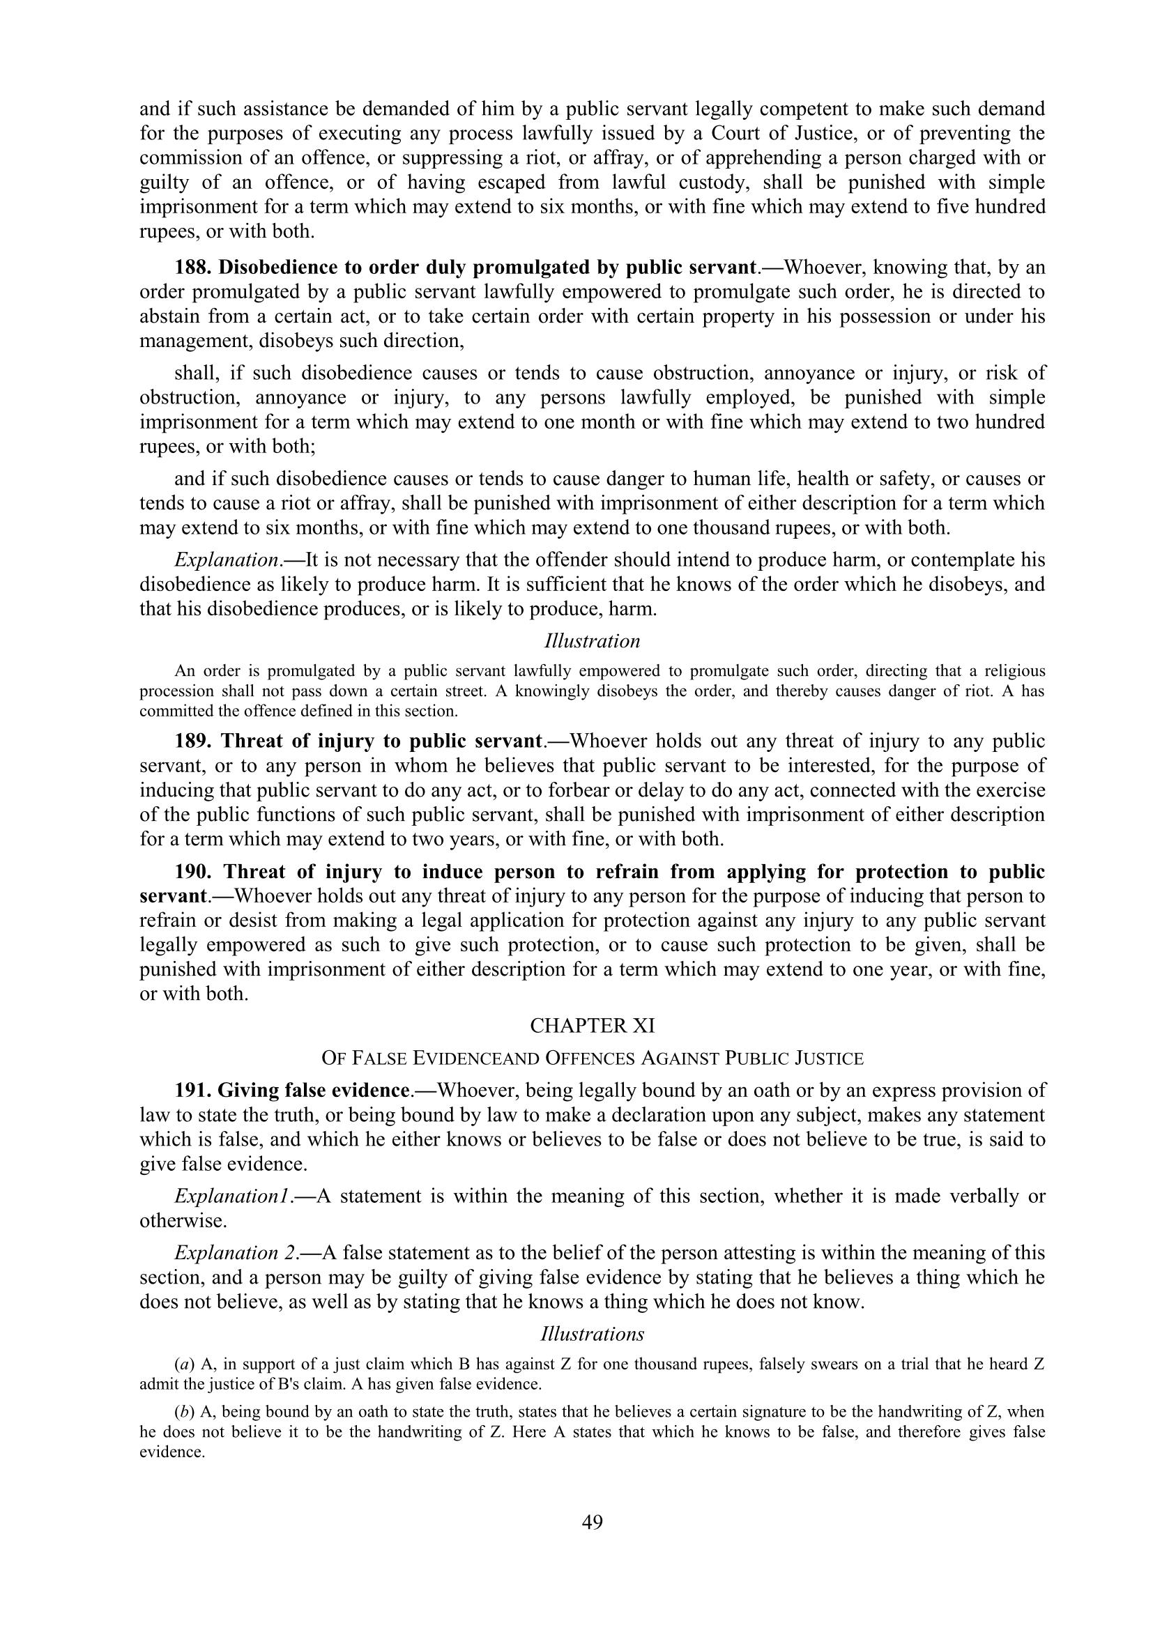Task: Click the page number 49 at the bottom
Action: point(592,1521)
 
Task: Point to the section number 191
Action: point(194,1091)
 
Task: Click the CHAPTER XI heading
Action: point(592,1026)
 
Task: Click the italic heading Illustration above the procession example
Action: point(592,641)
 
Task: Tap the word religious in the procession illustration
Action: point(1016,671)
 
